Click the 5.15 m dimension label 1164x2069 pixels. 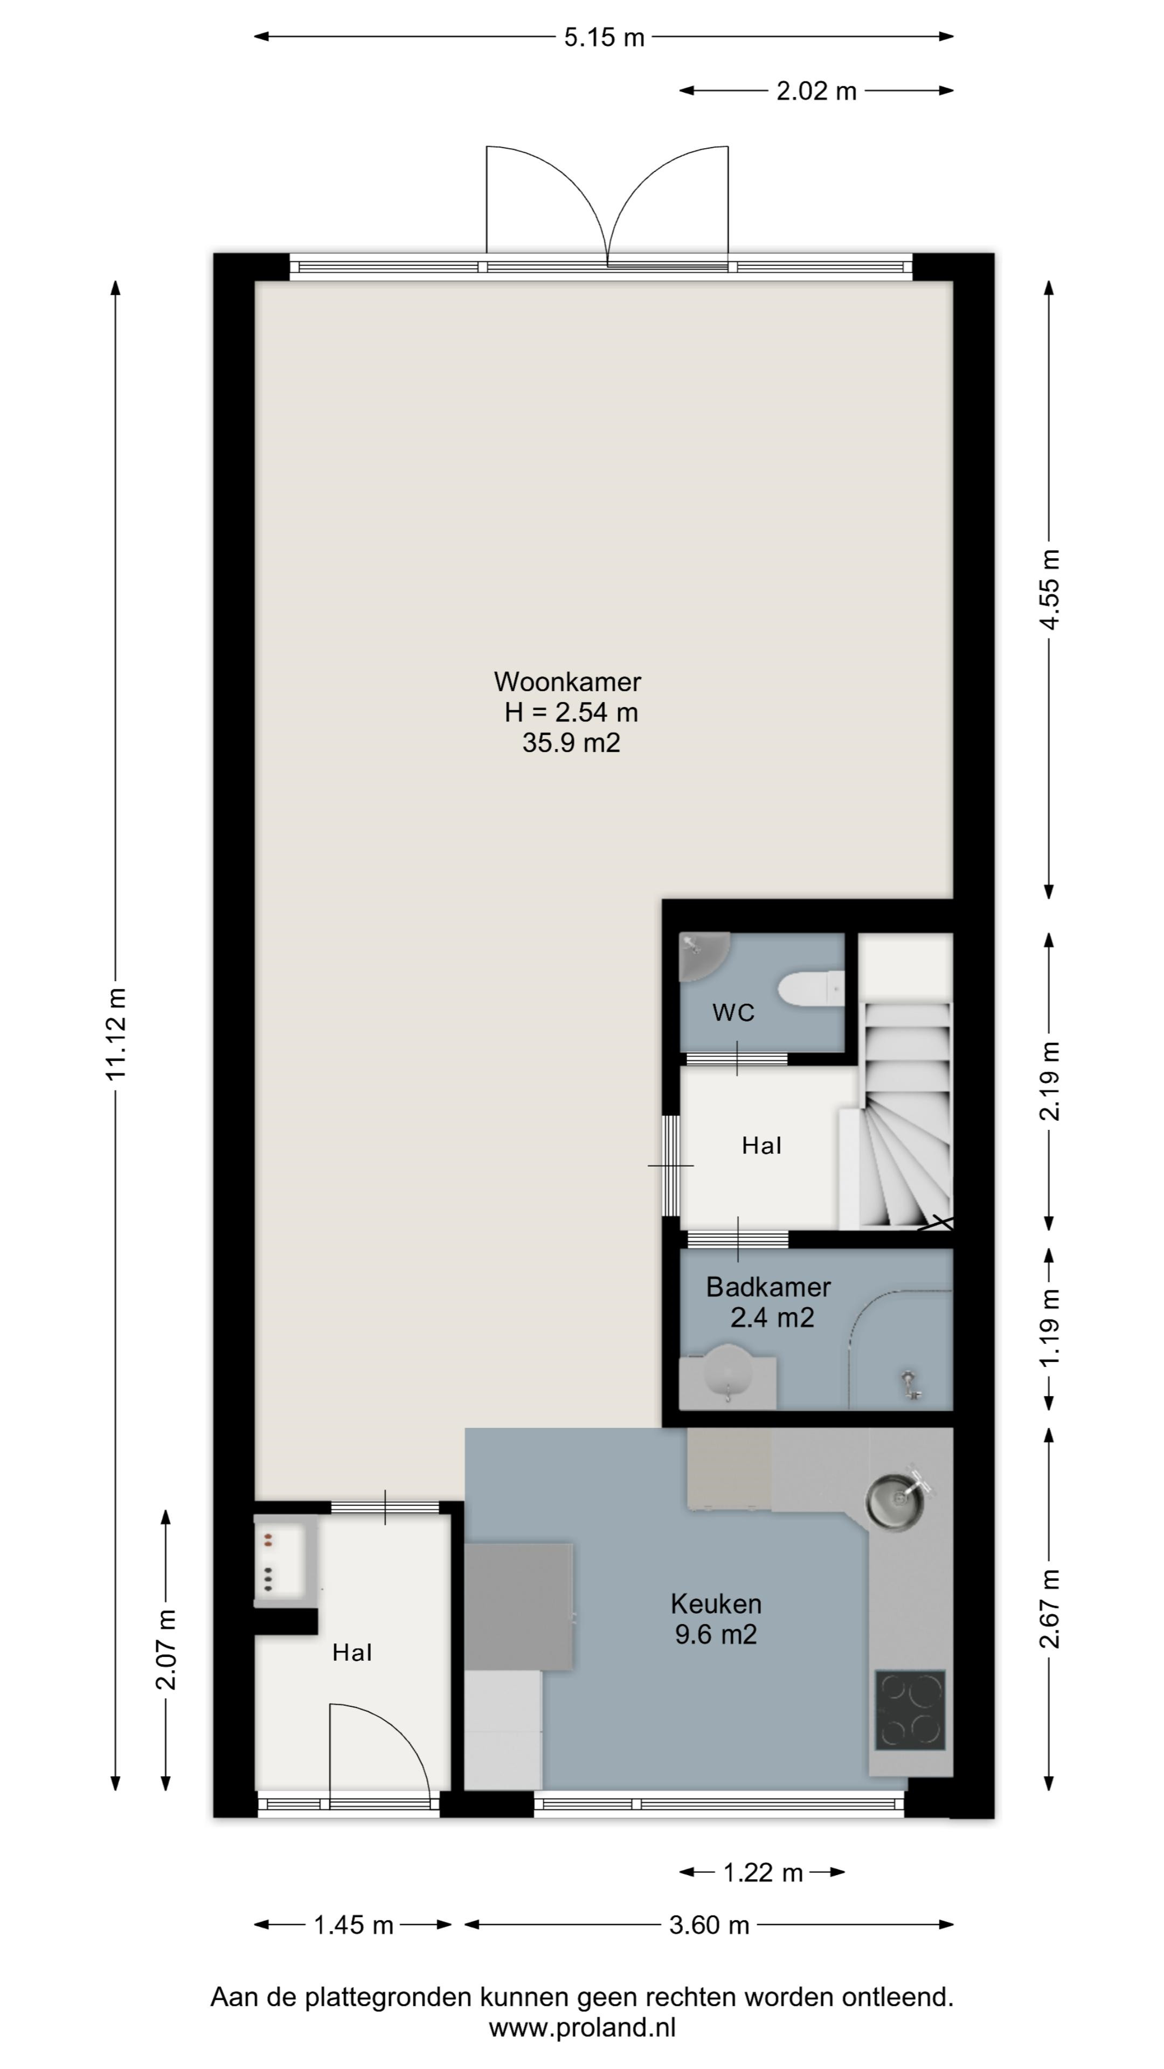click(x=604, y=37)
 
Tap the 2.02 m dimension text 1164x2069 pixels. click(x=816, y=91)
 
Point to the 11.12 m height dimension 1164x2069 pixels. click(x=116, y=1034)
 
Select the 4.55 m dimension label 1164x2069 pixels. click(x=1050, y=589)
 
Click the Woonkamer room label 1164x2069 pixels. click(x=567, y=682)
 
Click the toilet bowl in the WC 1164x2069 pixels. click(x=810, y=988)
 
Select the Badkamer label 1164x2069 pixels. click(x=768, y=1288)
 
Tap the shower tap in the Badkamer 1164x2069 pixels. click(x=910, y=1383)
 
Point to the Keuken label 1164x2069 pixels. click(x=716, y=1604)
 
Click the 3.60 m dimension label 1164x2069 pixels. click(x=709, y=1925)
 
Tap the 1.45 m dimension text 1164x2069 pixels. click(x=354, y=1925)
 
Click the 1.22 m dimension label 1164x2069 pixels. click(x=763, y=1872)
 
